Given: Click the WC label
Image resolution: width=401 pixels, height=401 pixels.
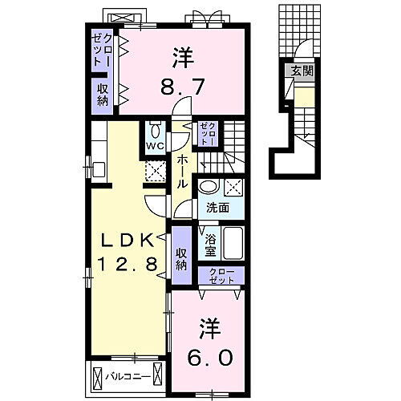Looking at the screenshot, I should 155,147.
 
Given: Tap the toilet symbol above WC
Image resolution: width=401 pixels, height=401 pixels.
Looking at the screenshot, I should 155,130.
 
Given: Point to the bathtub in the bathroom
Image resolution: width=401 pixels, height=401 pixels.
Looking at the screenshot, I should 233,243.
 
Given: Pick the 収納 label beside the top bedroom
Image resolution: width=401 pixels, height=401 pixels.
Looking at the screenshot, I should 103,95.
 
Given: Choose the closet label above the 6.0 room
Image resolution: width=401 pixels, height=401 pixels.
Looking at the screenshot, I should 221,277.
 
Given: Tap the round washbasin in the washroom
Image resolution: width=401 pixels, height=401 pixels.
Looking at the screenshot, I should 208,187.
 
